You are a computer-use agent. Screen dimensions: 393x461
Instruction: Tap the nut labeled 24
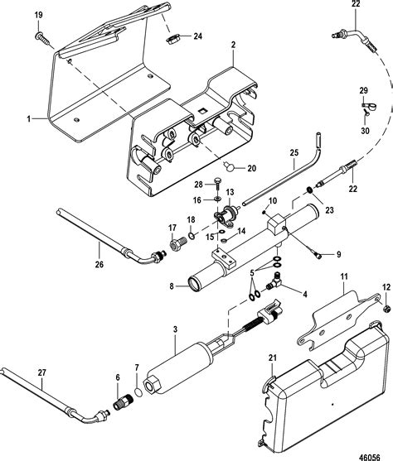[x=171, y=40]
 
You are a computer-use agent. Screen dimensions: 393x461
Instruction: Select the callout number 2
[x=233, y=45]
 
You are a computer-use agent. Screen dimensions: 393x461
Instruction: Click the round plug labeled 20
[x=230, y=166]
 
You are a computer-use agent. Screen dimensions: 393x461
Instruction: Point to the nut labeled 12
[x=387, y=309]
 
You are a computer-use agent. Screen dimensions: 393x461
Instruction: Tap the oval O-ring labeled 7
[x=138, y=392]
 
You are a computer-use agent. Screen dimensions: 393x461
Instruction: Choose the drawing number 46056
[x=370, y=456]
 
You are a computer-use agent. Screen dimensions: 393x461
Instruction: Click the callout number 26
[x=99, y=264]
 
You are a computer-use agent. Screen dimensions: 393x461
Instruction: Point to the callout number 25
[x=294, y=152]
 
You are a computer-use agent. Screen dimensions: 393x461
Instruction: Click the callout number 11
[x=344, y=276]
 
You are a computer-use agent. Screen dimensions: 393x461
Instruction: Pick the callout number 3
[x=175, y=329]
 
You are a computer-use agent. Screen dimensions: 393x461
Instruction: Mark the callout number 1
[x=29, y=119]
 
